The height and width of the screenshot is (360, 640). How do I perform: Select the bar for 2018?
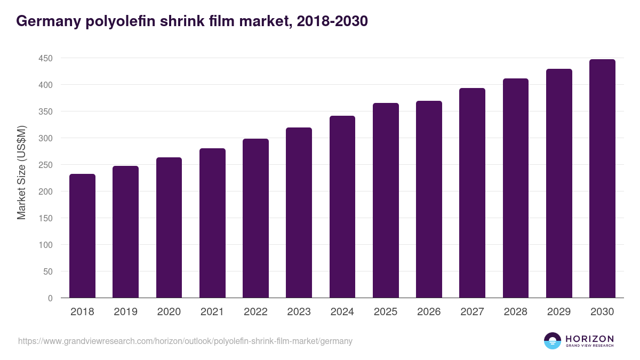click(82, 236)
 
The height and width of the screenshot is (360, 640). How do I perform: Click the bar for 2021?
click(212, 223)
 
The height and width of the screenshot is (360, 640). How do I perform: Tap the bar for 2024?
click(342, 207)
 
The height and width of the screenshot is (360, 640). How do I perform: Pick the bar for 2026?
click(429, 199)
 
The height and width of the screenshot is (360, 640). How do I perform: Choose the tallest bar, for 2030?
click(602, 179)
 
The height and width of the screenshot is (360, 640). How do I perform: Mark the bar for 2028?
click(516, 188)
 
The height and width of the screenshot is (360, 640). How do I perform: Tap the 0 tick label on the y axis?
click(50, 298)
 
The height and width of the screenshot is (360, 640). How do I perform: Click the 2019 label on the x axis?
click(125, 312)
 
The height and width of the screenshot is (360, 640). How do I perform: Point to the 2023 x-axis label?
click(299, 312)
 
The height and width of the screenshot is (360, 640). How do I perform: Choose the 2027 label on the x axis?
click(472, 312)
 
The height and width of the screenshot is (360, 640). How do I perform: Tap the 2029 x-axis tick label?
click(559, 312)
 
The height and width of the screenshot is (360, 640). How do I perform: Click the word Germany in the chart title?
click(48, 21)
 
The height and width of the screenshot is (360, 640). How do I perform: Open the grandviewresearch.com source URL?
click(185, 341)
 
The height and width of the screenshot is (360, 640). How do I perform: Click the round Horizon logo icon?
click(553, 341)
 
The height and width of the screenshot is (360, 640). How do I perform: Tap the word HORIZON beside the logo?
click(589, 338)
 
